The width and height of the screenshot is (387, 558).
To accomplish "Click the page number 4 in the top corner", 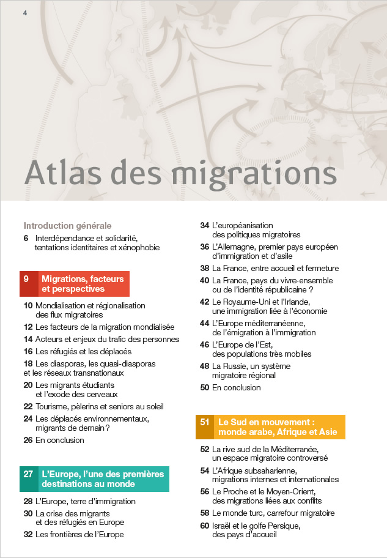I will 25,13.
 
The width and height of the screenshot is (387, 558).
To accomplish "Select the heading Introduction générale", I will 67,225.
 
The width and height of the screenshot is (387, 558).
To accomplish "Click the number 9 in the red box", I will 26,279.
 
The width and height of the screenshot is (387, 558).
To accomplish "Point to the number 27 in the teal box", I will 28,474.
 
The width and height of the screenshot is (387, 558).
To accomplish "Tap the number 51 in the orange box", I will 205,422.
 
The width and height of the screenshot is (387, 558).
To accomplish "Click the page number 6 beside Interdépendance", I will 26,237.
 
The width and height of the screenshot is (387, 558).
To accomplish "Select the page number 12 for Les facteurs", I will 28,327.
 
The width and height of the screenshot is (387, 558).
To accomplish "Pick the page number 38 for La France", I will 205,268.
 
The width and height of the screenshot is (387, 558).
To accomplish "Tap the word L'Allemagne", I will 235,247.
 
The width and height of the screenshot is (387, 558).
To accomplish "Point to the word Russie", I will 237,366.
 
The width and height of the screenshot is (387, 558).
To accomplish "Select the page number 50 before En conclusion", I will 205,387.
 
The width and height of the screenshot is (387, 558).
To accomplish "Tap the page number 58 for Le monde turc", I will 205,513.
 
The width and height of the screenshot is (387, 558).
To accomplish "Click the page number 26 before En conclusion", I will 28,440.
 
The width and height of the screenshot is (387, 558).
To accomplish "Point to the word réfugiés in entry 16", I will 67,351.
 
